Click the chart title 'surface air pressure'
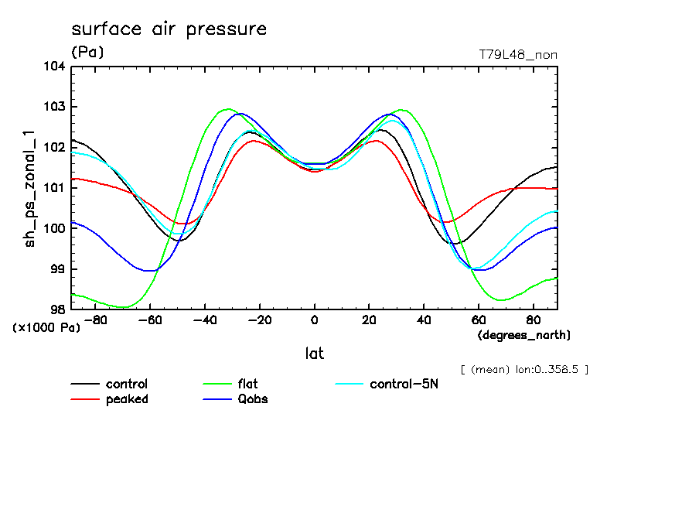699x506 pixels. click(169, 29)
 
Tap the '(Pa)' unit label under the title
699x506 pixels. click(87, 53)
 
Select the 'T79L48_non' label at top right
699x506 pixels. click(518, 54)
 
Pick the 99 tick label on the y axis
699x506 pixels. click(57, 269)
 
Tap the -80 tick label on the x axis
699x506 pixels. click(95, 319)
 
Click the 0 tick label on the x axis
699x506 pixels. click(314, 319)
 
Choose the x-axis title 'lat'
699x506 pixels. click(314, 354)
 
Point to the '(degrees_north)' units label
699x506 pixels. click(523, 335)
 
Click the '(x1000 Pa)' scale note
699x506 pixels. click(46, 327)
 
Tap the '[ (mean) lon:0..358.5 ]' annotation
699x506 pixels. click(523, 370)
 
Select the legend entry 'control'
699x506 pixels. click(126, 384)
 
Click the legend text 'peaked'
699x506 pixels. click(126, 399)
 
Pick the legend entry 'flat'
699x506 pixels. click(249, 384)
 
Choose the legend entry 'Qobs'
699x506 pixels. click(252, 399)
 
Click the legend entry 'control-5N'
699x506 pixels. click(404, 384)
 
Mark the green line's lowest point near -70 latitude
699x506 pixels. click(123, 307)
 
